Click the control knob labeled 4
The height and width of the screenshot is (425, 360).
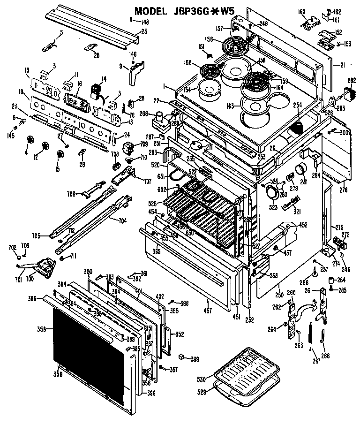click(31, 140)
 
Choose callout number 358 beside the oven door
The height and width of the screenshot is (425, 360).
click(42, 329)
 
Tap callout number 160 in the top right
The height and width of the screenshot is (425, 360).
click(302, 11)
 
